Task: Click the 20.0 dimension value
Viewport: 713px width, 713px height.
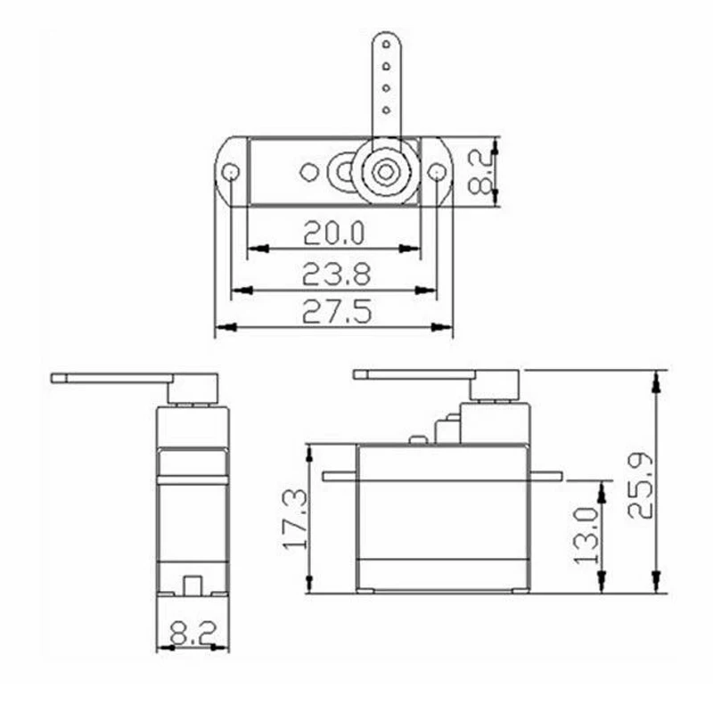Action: [333, 234]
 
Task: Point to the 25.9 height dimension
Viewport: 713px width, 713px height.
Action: [640, 486]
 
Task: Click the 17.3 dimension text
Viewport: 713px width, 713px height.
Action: [293, 520]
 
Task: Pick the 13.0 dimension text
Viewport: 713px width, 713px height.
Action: [586, 536]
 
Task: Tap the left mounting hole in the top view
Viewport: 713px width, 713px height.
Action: [230, 172]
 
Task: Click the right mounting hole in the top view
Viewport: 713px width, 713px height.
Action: [436, 172]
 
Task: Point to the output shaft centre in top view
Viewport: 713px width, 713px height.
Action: [385, 172]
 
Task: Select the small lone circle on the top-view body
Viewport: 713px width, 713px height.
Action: [308, 172]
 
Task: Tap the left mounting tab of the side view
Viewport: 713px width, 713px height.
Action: [340, 476]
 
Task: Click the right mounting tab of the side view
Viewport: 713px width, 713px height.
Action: [545, 476]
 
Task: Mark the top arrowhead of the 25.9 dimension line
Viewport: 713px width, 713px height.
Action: [657, 381]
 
